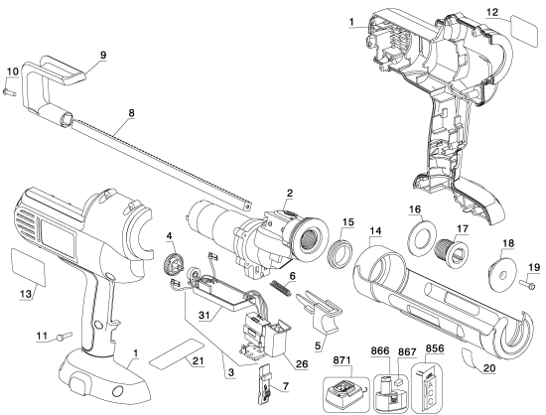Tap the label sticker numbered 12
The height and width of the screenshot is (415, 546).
tap(523, 29)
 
